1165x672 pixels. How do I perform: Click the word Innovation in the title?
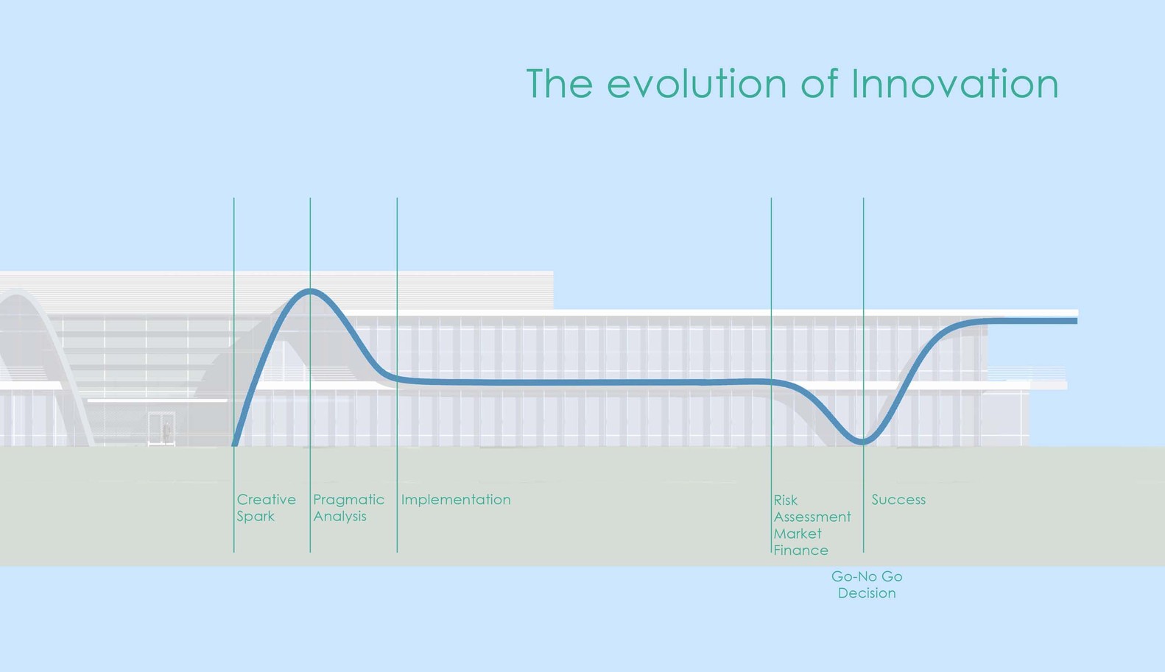click(x=954, y=84)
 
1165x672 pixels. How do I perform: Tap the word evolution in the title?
click(x=696, y=84)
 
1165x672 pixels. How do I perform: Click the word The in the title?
click(x=559, y=84)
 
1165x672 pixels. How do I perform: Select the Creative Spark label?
click(x=266, y=508)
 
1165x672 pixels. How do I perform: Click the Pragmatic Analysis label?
click(x=348, y=508)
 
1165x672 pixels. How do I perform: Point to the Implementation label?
click(x=456, y=500)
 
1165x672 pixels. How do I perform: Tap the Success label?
click(x=898, y=500)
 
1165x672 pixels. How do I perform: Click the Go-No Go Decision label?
click(x=867, y=584)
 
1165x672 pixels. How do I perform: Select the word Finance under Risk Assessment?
click(x=800, y=551)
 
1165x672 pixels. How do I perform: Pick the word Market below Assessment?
click(x=797, y=534)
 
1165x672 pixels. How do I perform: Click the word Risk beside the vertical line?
click(x=785, y=500)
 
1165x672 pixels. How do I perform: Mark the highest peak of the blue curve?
click(x=311, y=291)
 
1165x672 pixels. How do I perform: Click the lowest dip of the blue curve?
click(x=863, y=442)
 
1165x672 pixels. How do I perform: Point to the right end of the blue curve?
click(x=1075, y=321)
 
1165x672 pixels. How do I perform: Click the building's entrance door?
click(x=161, y=429)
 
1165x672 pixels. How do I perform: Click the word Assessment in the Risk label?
click(x=812, y=517)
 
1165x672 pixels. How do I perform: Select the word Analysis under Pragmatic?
click(x=339, y=517)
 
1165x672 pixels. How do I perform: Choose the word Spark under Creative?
click(x=256, y=517)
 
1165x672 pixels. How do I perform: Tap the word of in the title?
click(x=819, y=84)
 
